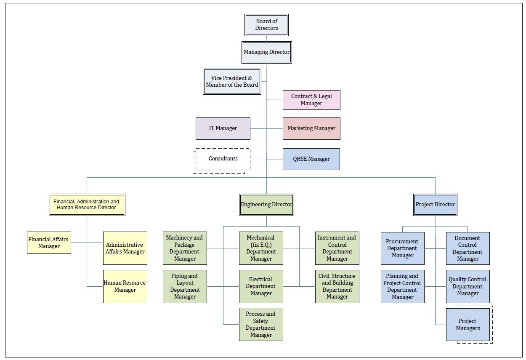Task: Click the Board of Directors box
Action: pos(266,25)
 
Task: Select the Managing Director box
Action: pos(267,52)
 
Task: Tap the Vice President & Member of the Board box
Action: pos(232,81)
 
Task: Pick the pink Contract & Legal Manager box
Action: pos(311,100)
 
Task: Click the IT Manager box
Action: pos(223,128)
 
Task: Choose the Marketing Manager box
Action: pos(311,128)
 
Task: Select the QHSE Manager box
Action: pos(311,159)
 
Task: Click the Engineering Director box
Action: pos(266,205)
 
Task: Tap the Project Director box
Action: pos(435,205)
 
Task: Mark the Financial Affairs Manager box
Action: pos(49,243)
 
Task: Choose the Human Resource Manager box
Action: pos(125,286)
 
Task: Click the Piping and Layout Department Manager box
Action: pos(185,286)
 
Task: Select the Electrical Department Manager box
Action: pos(261,286)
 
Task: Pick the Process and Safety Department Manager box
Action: pos(261,324)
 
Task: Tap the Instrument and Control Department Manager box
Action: pos(337,248)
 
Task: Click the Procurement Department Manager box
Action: pos(403,248)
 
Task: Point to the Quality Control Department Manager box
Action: pos(468,286)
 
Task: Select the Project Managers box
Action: pos(468,324)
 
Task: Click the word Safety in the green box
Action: pos(261,321)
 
